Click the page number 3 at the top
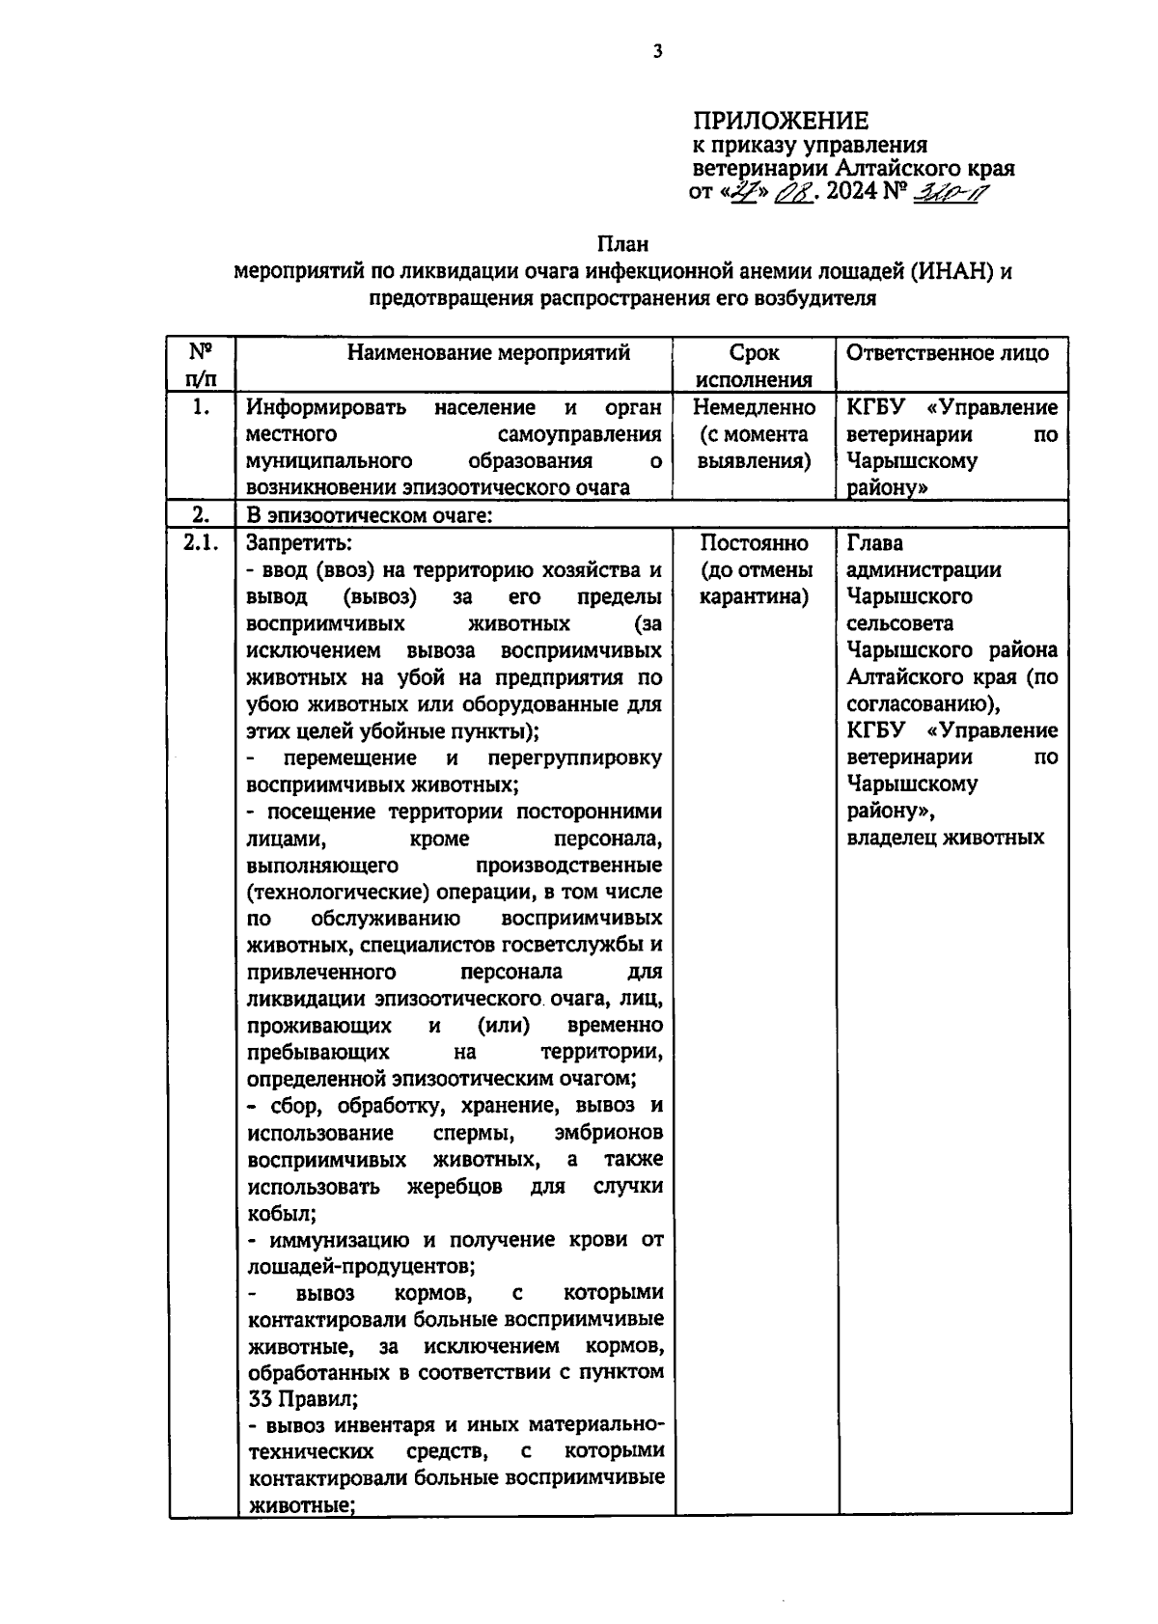pos(657,52)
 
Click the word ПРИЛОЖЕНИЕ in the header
pos(781,121)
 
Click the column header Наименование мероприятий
pos(488,352)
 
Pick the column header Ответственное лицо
pos(948,352)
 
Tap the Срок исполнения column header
pos(754,366)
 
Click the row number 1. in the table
pos(201,407)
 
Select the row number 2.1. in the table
pos(202,542)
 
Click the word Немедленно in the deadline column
pos(754,407)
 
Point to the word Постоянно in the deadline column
pos(754,542)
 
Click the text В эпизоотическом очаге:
pos(370,515)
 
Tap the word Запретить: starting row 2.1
pos(299,542)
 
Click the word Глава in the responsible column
pos(874,542)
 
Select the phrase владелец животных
pos(946,838)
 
